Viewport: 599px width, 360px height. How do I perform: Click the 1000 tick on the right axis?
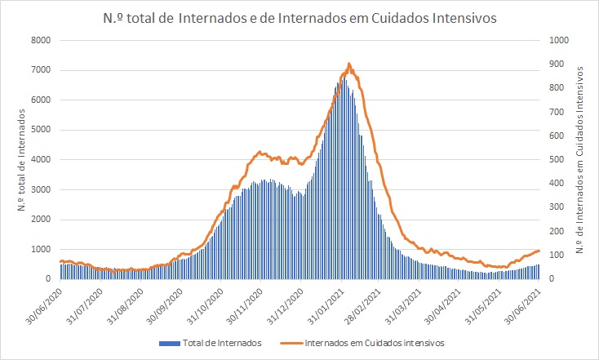pos(558,40)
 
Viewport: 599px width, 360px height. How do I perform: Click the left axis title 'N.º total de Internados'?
pos(20,160)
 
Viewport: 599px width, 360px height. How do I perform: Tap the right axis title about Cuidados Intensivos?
pos(581,160)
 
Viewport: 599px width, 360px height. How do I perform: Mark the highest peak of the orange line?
pos(349,64)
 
